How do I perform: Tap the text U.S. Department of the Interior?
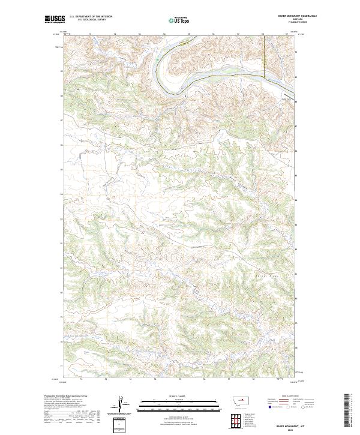[91, 17]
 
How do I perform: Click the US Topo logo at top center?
[179, 19]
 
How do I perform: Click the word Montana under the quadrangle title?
[290, 19]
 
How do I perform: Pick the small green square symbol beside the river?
[157, 59]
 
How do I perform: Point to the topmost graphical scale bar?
[179, 400]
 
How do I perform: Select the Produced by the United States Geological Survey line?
[66, 397]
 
